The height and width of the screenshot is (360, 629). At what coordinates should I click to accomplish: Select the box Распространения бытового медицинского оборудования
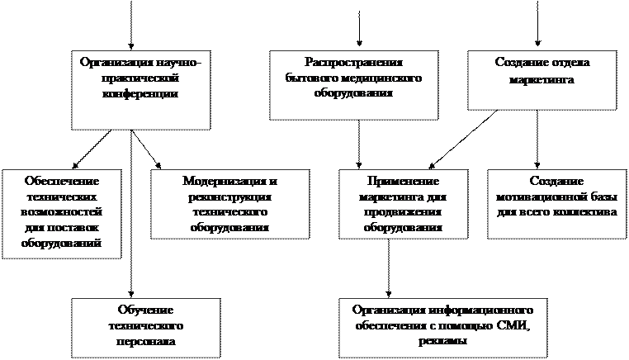(352, 85)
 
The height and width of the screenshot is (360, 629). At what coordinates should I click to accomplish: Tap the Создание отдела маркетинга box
(542, 79)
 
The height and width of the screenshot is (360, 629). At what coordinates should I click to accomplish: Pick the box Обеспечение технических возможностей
(62, 213)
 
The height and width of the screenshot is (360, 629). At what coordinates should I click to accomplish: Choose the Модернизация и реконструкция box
(226, 203)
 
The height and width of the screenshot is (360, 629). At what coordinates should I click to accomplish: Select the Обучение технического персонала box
(145, 328)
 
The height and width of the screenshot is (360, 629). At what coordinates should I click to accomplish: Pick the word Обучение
(145, 309)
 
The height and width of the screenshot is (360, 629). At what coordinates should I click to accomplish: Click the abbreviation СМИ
(515, 326)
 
